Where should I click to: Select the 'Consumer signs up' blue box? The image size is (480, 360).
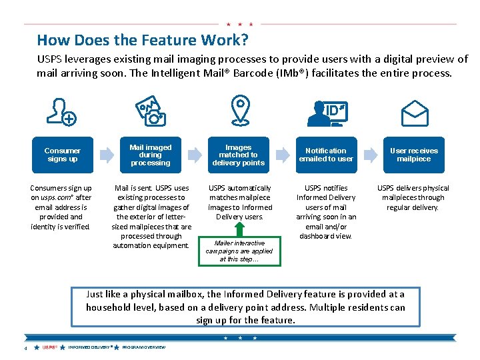(62, 155)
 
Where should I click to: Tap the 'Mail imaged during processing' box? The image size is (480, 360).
(150, 155)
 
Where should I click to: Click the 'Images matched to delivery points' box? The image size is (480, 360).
(239, 155)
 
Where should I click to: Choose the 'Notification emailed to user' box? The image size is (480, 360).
(327, 155)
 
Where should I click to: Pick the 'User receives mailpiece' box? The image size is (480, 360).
(414, 155)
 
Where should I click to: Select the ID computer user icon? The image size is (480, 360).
(327, 112)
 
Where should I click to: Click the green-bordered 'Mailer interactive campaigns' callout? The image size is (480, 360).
(239, 251)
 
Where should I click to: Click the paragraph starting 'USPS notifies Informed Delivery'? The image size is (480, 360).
(327, 212)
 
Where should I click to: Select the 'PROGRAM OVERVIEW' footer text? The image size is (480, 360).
(143, 347)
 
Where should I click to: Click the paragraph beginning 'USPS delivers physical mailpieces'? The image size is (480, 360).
(413, 197)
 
